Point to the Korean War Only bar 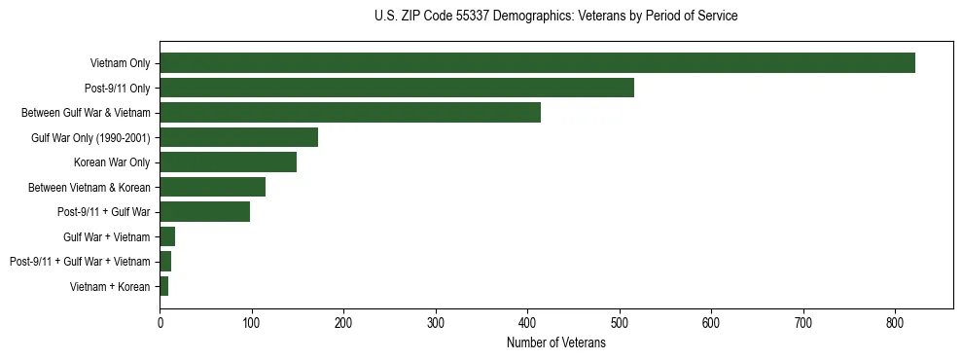tap(229, 162)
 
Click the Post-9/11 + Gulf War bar tap(205, 212)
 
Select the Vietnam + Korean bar tap(164, 286)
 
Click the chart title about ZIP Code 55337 tap(555, 17)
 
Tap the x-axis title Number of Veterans tap(555, 343)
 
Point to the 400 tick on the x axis tap(527, 322)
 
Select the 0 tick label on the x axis tap(160, 322)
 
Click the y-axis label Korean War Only tap(112, 162)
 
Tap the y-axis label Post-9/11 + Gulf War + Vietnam tap(80, 262)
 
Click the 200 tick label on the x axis tap(343, 322)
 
